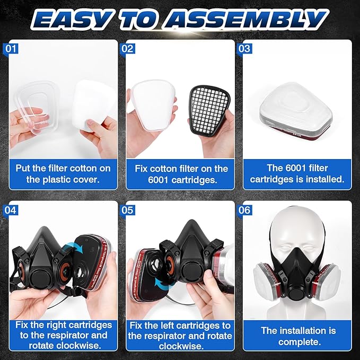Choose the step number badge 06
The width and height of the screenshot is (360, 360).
[245, 210]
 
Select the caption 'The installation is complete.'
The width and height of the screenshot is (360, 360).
[298, 336]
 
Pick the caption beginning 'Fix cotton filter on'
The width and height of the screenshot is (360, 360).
[181, 173]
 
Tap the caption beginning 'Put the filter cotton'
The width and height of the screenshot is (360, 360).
[63, 173]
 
